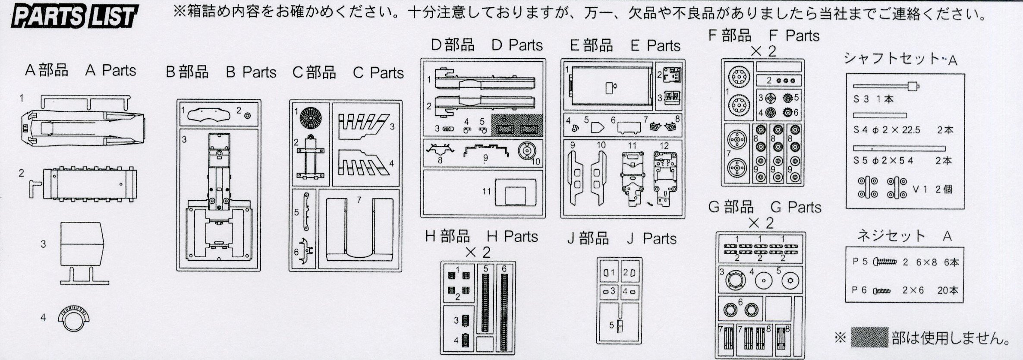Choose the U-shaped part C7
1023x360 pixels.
click(359, 229)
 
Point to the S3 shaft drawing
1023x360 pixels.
click(886, 86)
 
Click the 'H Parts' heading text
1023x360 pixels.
click(512, 236)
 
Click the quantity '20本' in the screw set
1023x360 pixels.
click(947, 290)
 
